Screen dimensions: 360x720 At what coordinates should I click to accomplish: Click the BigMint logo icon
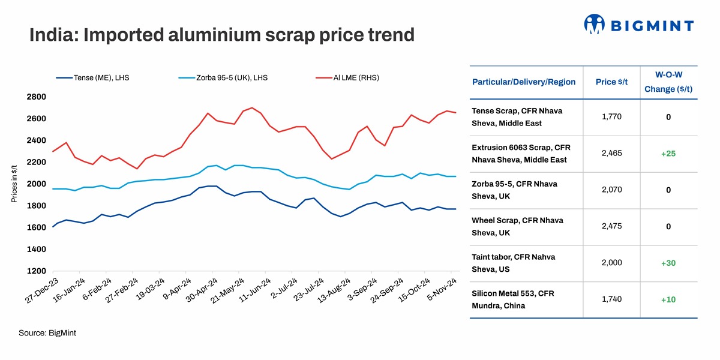pos(594,24)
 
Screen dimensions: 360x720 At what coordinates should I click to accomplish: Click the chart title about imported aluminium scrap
pos(222,35)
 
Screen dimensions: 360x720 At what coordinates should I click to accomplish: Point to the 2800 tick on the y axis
pos(37,97)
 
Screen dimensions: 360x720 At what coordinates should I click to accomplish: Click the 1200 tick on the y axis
pos(37,271)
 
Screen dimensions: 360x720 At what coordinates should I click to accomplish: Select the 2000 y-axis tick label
pos(37,184)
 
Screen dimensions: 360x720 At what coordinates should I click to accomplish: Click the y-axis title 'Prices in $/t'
pos(14,184)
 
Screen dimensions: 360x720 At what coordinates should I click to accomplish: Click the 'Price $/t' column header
pos(611,82)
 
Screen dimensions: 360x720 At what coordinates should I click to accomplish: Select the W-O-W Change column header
pos(668,82)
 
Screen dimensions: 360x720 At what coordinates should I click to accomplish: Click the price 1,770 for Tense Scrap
pos(611,117)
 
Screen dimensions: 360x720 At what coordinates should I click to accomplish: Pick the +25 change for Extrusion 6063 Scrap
pos(668,154)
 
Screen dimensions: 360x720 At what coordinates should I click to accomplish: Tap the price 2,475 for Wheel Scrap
pos(611,226)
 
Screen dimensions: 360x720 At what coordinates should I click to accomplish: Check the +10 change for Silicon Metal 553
pos(668,299)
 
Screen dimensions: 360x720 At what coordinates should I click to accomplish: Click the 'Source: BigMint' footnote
pos(47,332)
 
